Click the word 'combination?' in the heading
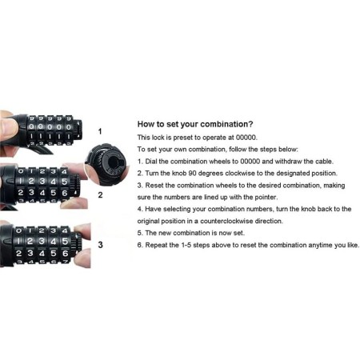(x=226, y=124)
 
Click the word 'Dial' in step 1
(x=151, y=162)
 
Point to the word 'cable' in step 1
(x=324, y=162)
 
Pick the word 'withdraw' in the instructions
(x=288, y=162)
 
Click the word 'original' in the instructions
(x=148, y=222)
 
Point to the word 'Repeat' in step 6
(x=155, y=245)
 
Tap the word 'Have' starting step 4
(x=153, y=209)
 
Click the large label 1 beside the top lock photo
(x=100, y=131)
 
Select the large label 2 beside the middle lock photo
(x=100, y=195)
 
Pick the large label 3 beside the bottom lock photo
(x=100, y=245)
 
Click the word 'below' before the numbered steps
(x=288, y=150)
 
